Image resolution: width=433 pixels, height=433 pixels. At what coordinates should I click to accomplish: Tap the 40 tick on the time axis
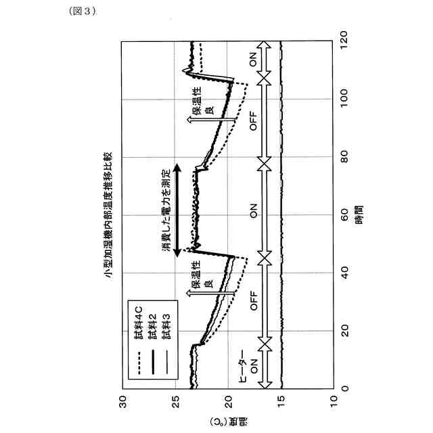click(344, 272)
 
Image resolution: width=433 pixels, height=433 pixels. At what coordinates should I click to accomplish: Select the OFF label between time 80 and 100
click(254, 122)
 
